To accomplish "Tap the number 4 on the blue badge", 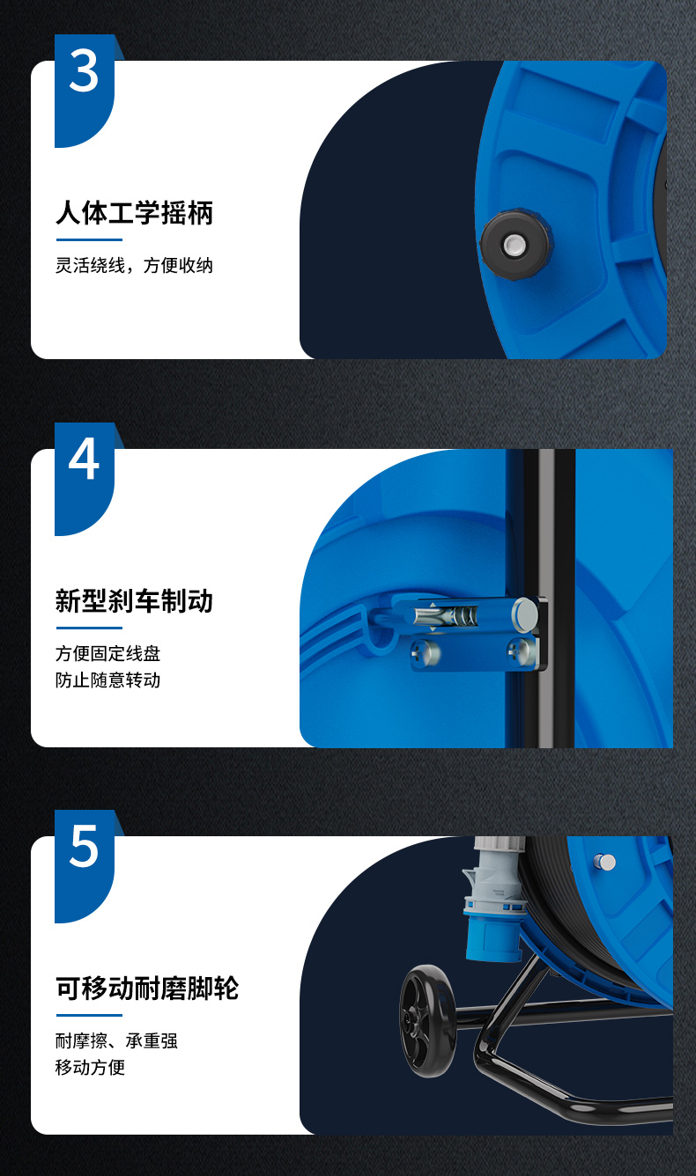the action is coord(84,459).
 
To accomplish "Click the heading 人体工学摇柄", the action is coord(134,213).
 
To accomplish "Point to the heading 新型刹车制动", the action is coord(134,600).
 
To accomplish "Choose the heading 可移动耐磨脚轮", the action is coord(147,988).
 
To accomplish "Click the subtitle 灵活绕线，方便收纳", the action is coord(134,266).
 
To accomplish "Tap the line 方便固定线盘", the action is coord(107,654).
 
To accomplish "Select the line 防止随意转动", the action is coord(107,680).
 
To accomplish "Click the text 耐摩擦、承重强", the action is coord(116,1040).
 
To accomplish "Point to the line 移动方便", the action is coord(91,1068).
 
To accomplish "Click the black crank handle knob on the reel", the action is coord(515,245).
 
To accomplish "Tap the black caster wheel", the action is coord(428,1022).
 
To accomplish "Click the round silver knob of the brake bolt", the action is coord(525,614).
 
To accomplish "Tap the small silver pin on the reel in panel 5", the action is coord(604,862).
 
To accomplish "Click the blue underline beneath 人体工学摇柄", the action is coord(89,239).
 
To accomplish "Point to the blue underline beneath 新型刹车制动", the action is coord(89,628).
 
